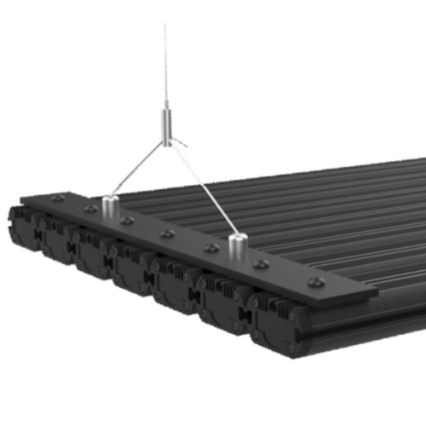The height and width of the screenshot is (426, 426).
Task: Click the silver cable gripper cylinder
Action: tap(165, 124)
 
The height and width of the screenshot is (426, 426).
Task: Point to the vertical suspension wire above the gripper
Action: tap(165, 60)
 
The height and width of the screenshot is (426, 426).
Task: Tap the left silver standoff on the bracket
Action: tap(109, 206)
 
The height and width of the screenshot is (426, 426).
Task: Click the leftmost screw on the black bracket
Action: tap(57, 198)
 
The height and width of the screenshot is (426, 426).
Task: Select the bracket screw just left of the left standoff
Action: tap(90, 209)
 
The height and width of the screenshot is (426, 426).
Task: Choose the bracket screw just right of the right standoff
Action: tap(262, 264)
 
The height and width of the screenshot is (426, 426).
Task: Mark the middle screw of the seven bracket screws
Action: tap(168, 233)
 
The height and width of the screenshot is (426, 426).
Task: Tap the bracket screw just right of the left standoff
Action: tap(128, 221)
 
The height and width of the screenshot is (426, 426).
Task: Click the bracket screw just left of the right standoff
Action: tap(212, 248)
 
